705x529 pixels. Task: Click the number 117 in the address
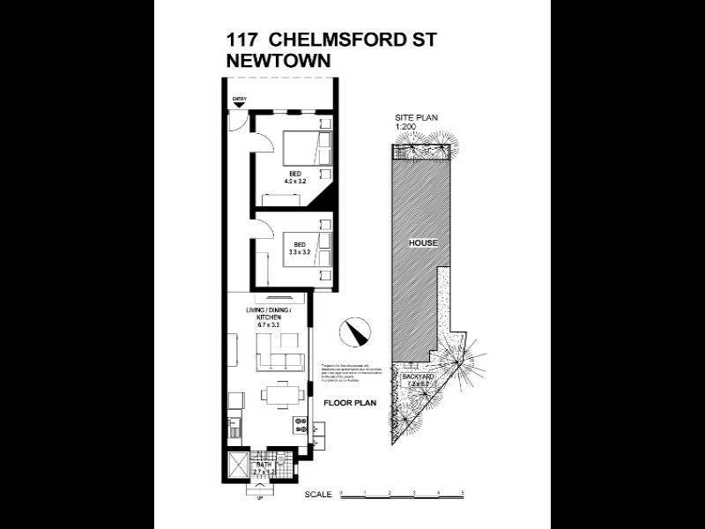[x=242, y=41]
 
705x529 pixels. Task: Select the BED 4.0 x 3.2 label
[x=293, y=176]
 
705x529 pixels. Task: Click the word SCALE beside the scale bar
[x=318, y=495]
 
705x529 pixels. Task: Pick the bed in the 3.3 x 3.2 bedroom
[x=309, y=249]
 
